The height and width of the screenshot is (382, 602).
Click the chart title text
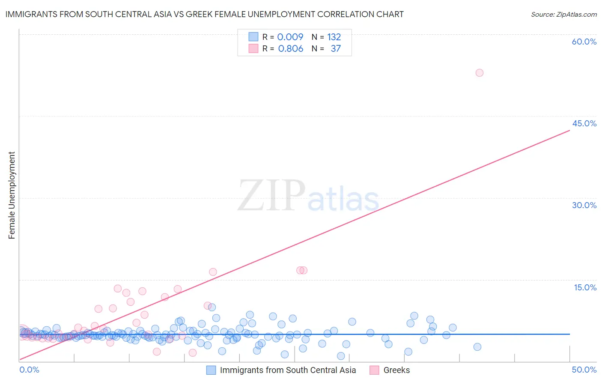(x=204, y=14)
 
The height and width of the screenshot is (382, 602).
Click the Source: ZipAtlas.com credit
(x=563, y=14)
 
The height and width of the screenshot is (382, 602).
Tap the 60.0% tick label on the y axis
(x=584, y=42)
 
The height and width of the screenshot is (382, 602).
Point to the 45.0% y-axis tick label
(x=584, y=123)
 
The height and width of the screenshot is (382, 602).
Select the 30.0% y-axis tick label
(x=584, y=205)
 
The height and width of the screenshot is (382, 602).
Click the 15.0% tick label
(x=585, y=287)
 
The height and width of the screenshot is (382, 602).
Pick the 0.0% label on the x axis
(x=29, y=370)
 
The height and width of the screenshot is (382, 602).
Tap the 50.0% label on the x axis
(x=584, y=370)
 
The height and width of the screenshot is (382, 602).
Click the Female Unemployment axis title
(x=12, y=195)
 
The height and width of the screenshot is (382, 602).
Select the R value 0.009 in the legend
(x=290, y=37)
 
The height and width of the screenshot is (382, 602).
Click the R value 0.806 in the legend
(x=290, y=48)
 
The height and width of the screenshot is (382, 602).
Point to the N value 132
(x=334, y=37)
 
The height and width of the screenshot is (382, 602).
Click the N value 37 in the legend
(x=336, y=48)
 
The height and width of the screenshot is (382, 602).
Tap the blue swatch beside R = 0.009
(x=253, y=37)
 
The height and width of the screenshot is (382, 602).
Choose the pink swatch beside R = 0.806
(x=253, y=48)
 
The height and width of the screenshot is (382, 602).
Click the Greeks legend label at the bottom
(x=396, y=370)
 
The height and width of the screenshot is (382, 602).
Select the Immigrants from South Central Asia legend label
(x=288, y=370)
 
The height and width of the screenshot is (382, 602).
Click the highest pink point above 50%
(x=480, y=73)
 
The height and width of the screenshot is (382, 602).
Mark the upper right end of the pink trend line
(x=569, y=130)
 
